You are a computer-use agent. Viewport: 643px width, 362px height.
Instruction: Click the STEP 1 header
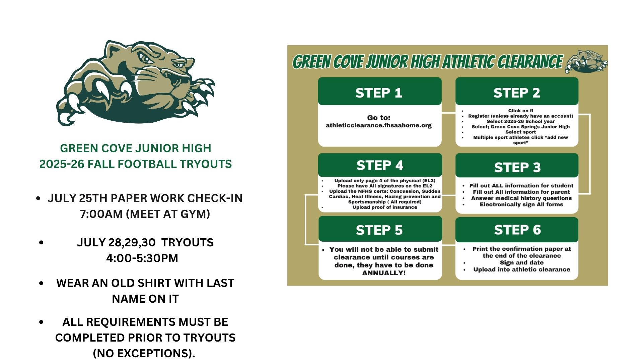tap(379, 93)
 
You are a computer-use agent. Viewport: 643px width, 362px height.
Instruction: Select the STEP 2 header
tap(517, 93)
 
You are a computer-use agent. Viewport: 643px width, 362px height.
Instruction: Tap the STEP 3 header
tap(517, 167)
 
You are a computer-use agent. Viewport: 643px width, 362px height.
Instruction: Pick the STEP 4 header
tap(380, 165)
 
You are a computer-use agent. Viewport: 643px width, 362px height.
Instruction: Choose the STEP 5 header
tap(379, 230)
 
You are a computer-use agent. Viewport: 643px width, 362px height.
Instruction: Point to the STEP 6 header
tap(517, 230)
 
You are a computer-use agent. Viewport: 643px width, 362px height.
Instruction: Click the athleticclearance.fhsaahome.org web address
tap(379, 125)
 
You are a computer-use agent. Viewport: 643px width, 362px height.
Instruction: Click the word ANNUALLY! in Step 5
tap(384, 273)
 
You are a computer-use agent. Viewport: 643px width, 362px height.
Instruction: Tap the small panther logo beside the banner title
tap(586, 61)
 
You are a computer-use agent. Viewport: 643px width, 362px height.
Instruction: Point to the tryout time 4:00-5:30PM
tap(142, 258)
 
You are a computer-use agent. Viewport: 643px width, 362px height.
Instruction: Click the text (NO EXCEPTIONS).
tap(144, 353)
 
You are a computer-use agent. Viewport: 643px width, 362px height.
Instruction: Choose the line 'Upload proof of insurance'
tap(385, 207)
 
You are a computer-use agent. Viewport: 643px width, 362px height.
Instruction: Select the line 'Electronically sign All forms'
tap(521, 204)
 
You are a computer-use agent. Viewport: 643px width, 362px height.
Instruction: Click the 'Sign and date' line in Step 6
tap(522, 262)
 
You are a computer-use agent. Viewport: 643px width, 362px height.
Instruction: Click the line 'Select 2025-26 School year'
tap(521, 121)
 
